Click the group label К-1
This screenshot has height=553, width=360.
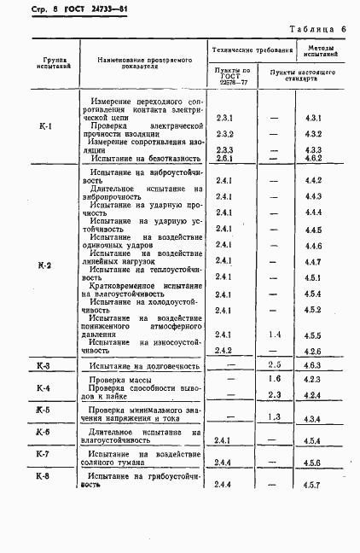click(x=45, y=127)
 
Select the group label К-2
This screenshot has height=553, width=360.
click(x=45, y=265)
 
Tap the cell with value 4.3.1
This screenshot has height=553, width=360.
click(x=312, y=117)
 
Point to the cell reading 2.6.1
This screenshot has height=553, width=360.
click(x=225, y=159)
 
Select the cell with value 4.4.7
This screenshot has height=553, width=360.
click(x=312, y=261)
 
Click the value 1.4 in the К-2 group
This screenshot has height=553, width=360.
click(x=274, y=335)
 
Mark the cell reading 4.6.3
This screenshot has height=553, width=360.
click(x=312, y=366)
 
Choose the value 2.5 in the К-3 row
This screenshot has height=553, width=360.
click(x=274, y=365)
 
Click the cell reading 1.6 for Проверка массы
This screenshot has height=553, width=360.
click(x=274, y=378)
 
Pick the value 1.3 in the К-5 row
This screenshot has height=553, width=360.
click(x=274, y=416)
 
